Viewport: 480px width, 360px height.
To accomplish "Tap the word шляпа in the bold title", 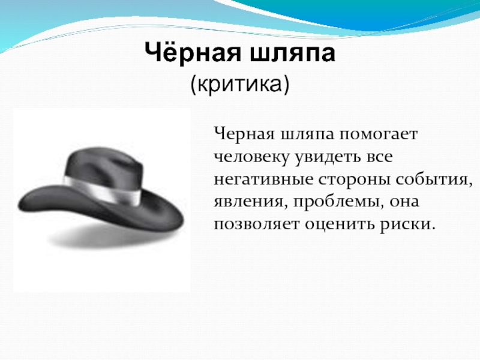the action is [293, 53].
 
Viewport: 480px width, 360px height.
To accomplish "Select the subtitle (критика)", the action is [239, 84].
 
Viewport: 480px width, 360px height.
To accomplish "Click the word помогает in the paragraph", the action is [378, 134].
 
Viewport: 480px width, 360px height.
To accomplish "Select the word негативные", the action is [263, 179].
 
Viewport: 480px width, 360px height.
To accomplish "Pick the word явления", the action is [251, 202].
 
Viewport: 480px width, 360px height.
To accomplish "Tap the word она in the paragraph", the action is [404, 202].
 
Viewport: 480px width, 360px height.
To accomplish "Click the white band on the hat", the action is [103, 190].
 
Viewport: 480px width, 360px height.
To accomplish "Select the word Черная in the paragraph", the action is [244, 134].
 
